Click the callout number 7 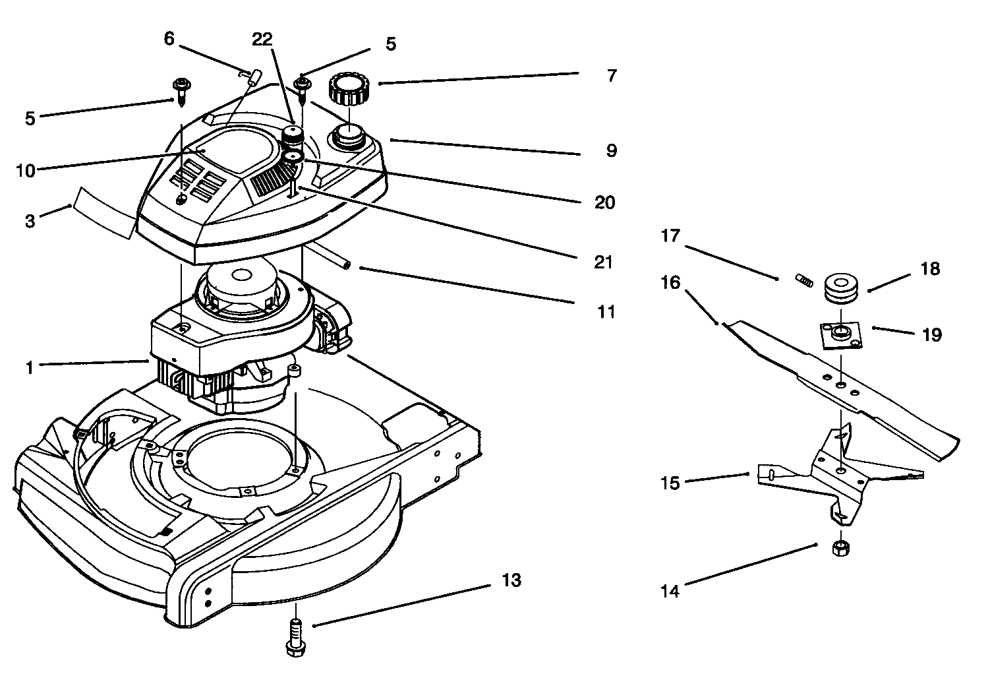611,76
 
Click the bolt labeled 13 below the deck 295,638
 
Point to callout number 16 670,282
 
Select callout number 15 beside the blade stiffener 670,483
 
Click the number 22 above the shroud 262,40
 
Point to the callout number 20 604,202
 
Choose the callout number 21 602,262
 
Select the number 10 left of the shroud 26,170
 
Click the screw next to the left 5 179,89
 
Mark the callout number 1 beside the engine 29,367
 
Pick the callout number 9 611,150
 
